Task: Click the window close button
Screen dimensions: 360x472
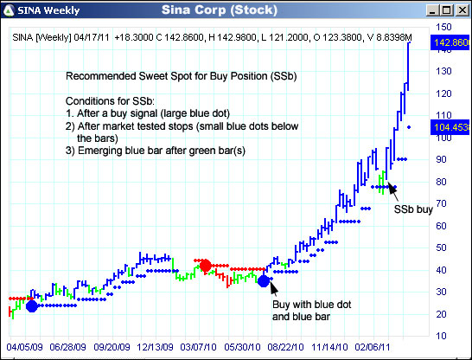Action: click(x=462, y=10)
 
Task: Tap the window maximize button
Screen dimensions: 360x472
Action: click(x=446, y=10)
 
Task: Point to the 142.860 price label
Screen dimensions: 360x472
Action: click(x=452, y=41)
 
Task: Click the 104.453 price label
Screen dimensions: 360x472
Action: click(x=452, y=126)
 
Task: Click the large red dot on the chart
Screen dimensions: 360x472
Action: click(x=205, y=266)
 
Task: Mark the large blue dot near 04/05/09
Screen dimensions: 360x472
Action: click(x=32, y=305)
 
